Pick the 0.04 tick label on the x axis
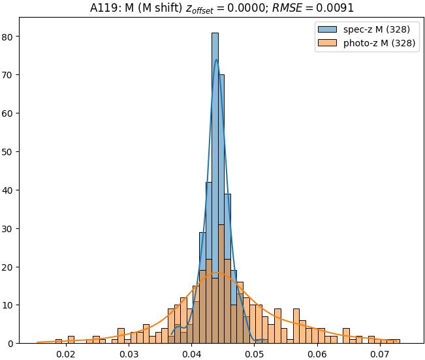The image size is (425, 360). (191, 354)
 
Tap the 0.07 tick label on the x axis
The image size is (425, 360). (381, 354)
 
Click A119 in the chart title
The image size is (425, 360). (103, 8)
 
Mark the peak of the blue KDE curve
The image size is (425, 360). (216, 60)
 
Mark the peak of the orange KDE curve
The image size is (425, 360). (217, 273)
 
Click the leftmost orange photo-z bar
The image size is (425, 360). (59, 341)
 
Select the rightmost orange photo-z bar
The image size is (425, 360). (396, 341)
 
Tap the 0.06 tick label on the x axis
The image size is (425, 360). (317, 354)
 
